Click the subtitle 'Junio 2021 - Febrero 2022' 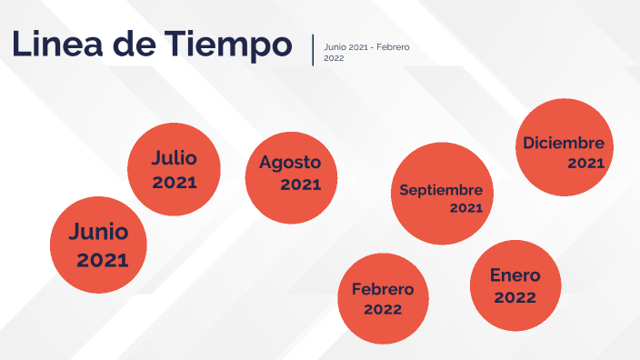[x=365, y=52]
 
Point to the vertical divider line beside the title [x=313, y=50]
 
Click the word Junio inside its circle [x=98, y=232]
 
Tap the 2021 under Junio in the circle [x=102, y=261]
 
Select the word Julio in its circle [x=174, y=158]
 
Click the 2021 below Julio [x=175, y=183]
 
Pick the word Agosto [x=290, y=163]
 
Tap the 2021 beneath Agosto [x=300, y=185]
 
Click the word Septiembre [x=441, y=191]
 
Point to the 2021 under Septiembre [x=465, y=208]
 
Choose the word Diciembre [x=564, y=143]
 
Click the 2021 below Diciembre [x=585, y=164]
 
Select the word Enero [x=515, y=275]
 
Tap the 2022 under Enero [x=515, y=297]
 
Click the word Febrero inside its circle [x=383, y=290]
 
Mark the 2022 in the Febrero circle [x=383, y=310]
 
